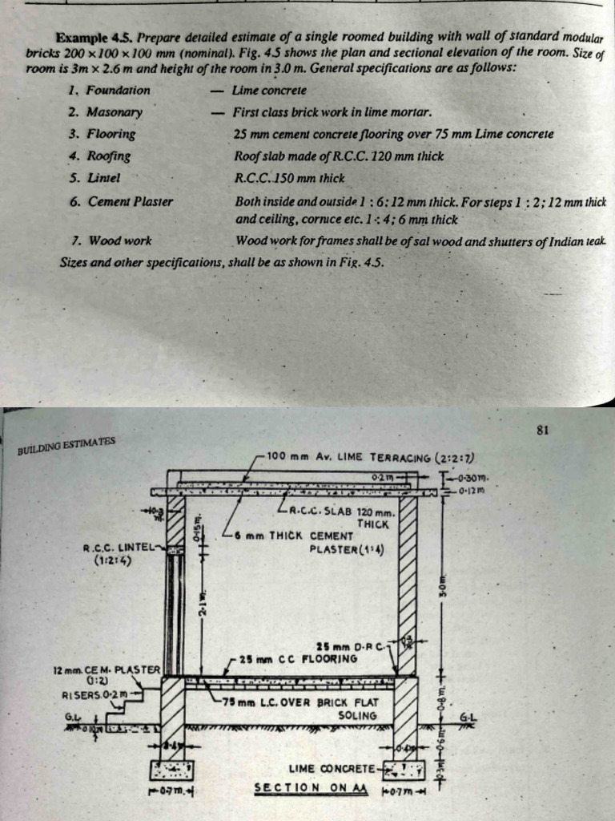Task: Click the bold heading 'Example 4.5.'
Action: click(87, 37)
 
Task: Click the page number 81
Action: click(542, 430)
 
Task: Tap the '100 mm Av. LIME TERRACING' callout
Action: click(372, 457)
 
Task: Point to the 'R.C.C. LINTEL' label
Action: click(118, 548)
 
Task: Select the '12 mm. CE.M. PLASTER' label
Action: click(107, 669)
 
